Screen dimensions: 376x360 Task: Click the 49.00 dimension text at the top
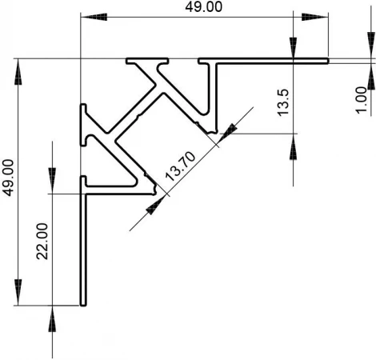point(203,6)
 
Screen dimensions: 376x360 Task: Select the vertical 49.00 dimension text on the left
point(7,178)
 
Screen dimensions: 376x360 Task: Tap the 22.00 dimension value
point(42,242)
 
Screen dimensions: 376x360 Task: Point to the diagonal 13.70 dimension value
point(181,166)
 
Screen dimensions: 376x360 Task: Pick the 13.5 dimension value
point(283,102)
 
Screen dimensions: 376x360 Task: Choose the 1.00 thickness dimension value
point(362,100)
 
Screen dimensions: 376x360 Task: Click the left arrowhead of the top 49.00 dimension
point(94,17)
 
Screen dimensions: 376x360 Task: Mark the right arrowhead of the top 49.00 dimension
point(315,17)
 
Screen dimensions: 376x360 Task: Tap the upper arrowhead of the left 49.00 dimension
point(18,71)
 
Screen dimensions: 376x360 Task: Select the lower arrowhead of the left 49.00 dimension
point(18,292)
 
